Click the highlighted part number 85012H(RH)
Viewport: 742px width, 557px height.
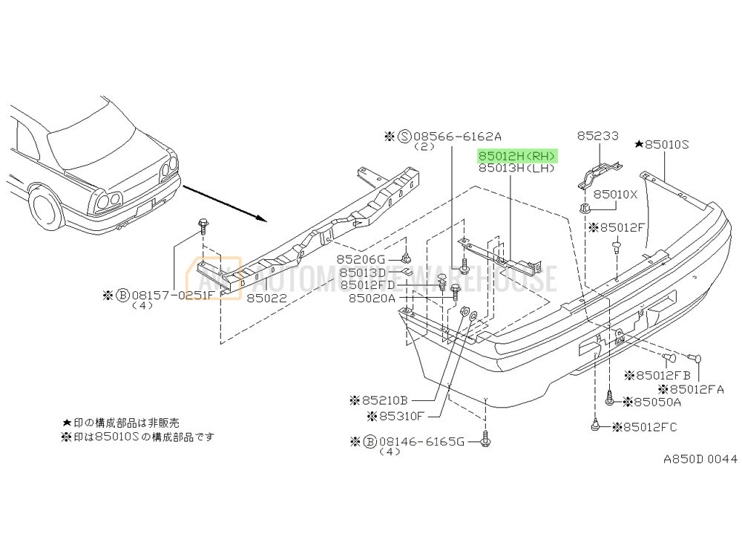click(x=517, y=156)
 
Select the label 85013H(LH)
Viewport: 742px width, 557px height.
click(x=517, y=169)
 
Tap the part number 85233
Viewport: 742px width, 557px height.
click(x=597, y=136)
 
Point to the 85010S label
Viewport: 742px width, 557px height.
click(x=666, y=144)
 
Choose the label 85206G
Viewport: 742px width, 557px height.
click(x=361, y=259)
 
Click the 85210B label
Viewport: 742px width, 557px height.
click(x=381, y=400)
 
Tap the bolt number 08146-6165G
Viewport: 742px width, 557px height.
click(x=421, y=442)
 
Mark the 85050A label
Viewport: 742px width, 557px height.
click(x=652, y=402)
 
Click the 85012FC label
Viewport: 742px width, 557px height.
click(x=650, y=427)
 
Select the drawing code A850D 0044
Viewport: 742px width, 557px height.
click(x=700, y=459)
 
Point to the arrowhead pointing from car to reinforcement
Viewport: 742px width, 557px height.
click(x=260, y=218)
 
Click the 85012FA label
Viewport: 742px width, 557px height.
click(x=696, y=388)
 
